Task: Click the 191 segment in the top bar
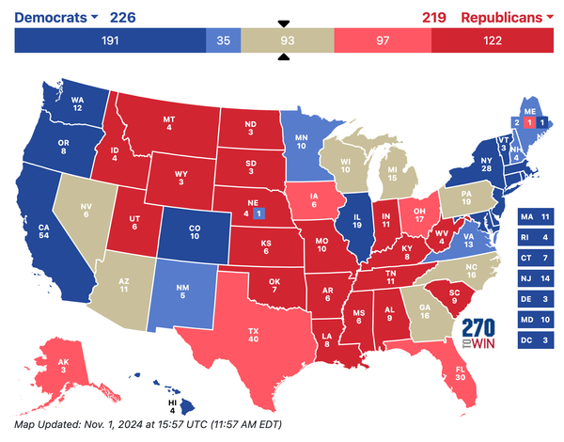tap(110, 40)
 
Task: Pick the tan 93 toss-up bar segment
tap(284, 40)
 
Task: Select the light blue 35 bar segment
tap(223, 40)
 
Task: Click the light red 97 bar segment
tap(384, 40)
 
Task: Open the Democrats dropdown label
tap(56, 16)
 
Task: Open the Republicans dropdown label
tap(508, 16)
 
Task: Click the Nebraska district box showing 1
tap(259, 213)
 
